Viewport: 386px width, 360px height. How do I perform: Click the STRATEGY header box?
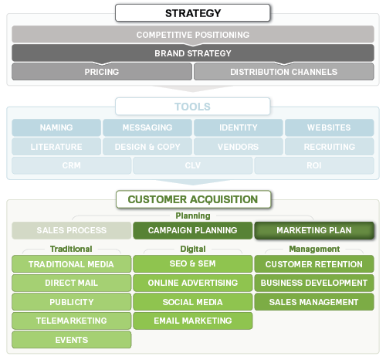tap(193, 13)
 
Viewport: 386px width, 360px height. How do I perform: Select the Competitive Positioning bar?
tap(193, 35)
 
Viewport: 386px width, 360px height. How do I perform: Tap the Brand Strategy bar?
tap(193, 53)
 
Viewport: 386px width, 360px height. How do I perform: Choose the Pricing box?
tap(102, 72)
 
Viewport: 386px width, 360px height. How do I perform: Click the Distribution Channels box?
tap(283, 72)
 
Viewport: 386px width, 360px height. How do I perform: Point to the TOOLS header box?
tap(193, 107)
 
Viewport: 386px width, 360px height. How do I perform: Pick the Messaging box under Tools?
tap(147, 127)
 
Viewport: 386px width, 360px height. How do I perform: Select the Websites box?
tap(329, 127)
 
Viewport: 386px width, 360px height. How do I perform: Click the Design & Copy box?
tap(147, 146)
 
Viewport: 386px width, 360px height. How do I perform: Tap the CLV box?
tap(193, 165)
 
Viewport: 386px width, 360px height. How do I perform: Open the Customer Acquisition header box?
tap(193, 199)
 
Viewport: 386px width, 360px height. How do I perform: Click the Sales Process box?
tap(71, 230)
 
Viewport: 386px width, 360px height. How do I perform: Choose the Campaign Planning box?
tap(193, 230)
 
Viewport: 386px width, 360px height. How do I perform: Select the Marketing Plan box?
tap(314, 230)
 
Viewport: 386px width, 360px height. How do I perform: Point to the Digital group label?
tap(193, 249)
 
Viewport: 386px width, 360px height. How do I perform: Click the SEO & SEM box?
tap(193, 264)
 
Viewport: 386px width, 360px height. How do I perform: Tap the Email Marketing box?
tap(193, 321)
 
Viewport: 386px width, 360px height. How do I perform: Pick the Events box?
tap(71, 339)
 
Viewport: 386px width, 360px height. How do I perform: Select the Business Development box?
tap(314, 283)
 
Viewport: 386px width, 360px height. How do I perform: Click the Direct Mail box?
tap(71, 283)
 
